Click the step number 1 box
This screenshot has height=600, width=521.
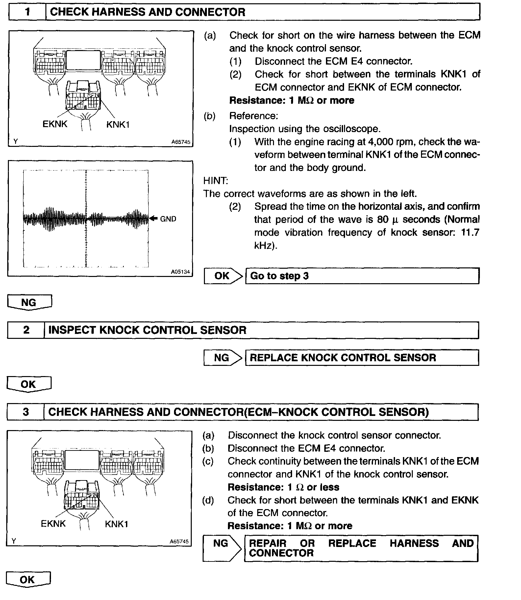[x=27, y=12]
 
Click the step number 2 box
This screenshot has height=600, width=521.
[x=26, y=330]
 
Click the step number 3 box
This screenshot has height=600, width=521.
[x=26, y=412]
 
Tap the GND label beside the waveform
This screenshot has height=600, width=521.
[x=168, y=219]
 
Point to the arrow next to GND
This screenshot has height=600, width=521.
[x=154, y=218]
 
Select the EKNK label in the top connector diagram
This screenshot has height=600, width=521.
[x=55, y=124]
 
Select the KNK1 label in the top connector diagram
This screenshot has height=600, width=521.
[x=118, y=125]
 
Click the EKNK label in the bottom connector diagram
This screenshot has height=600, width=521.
[x=53, y=524]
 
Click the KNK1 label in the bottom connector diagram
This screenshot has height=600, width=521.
[x=116, y=524]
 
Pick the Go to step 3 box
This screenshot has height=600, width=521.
[x=362, y=276]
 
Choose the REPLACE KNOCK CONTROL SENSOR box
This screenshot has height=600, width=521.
[x=362, y=358]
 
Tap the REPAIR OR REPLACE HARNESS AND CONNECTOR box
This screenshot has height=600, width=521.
[x=361, y=548]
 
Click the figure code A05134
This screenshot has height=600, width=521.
[x=181, y=272]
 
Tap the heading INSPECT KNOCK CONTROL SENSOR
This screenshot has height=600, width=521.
[x=147, y=330]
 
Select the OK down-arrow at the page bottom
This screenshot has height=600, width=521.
[x=28, y=580]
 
